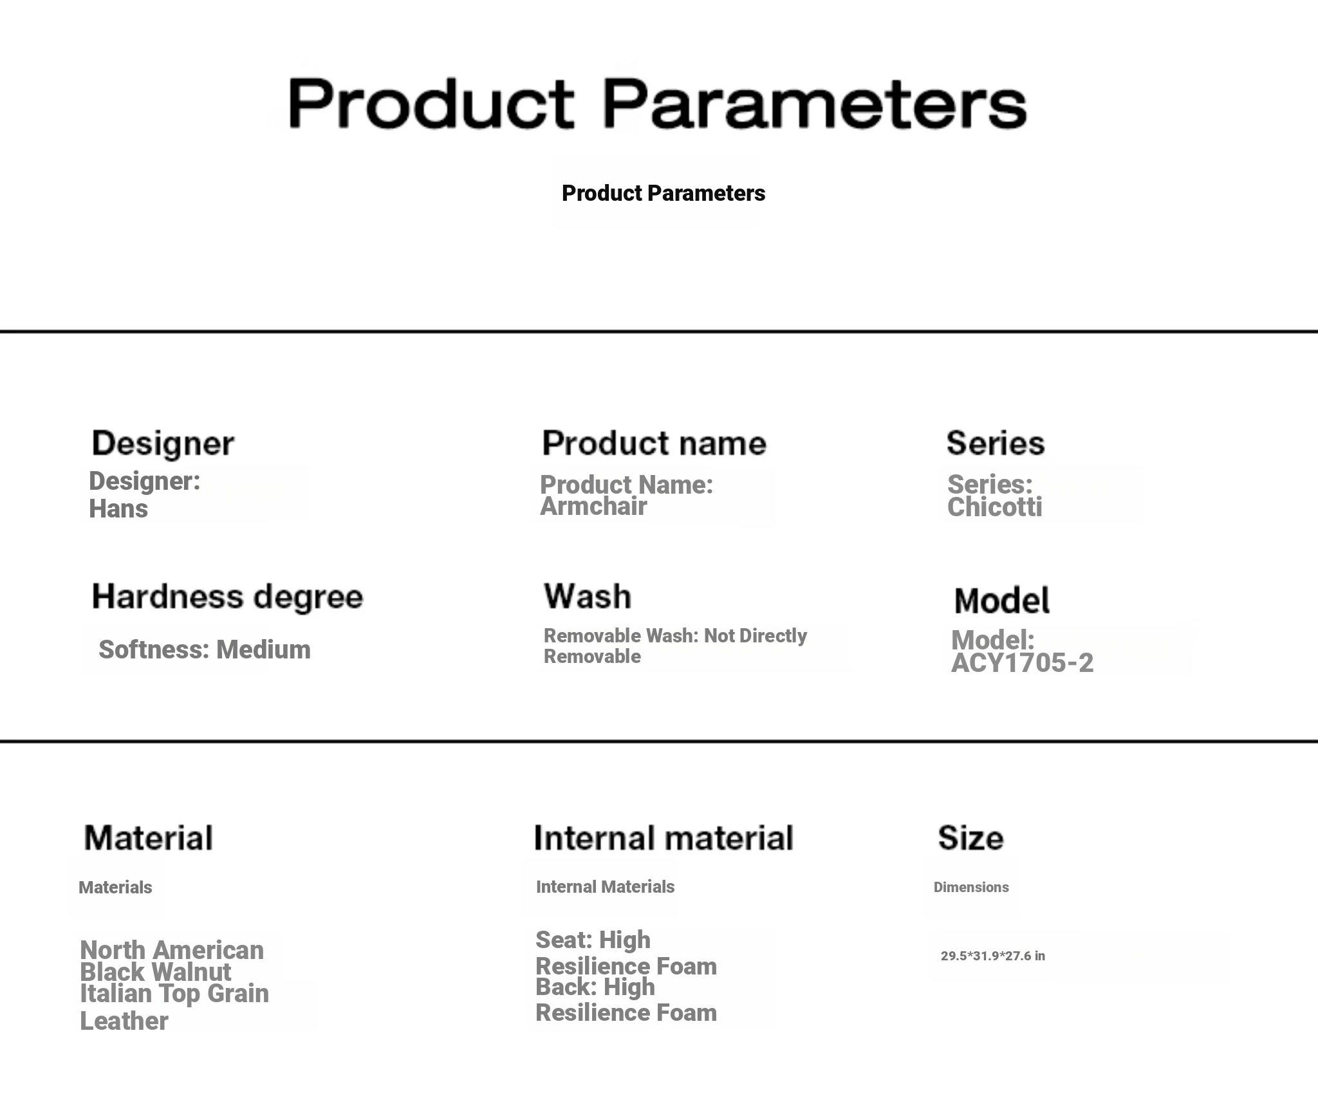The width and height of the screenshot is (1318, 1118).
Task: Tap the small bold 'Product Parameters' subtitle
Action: click(664, 193)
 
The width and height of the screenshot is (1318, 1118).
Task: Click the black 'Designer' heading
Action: click(163, 444)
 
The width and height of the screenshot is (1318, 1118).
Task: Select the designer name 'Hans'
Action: click(118, 508)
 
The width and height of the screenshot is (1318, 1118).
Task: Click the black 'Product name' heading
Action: click(654, 443)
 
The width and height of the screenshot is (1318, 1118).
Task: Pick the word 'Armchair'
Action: click(593, 507)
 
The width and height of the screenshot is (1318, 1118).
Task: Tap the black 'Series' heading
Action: click(995, 443)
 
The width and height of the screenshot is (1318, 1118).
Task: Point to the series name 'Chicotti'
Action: click(995, 507)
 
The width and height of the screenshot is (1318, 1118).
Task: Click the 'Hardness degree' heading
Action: click(227, 597)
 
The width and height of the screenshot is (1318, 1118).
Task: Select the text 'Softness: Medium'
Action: click(205, 649)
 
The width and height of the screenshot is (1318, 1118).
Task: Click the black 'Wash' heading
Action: click(588, 596)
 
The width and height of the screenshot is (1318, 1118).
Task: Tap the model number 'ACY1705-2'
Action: click(1022, 663)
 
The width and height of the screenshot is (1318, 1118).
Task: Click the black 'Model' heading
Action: click(1001, 601)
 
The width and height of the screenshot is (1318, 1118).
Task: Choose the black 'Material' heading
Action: click(148, 838)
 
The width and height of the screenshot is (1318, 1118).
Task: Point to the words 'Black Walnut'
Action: click(155, 972)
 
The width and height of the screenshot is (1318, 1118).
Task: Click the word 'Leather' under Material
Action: click(124, 1021)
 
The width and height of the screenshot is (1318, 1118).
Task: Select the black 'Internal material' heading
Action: click(664, 838)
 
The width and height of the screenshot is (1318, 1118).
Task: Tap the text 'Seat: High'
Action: click(593, 940)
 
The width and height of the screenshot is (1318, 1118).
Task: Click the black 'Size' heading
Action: click(970, 838)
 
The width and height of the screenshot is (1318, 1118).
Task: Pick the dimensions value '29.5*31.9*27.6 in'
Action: click(993, 956)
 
